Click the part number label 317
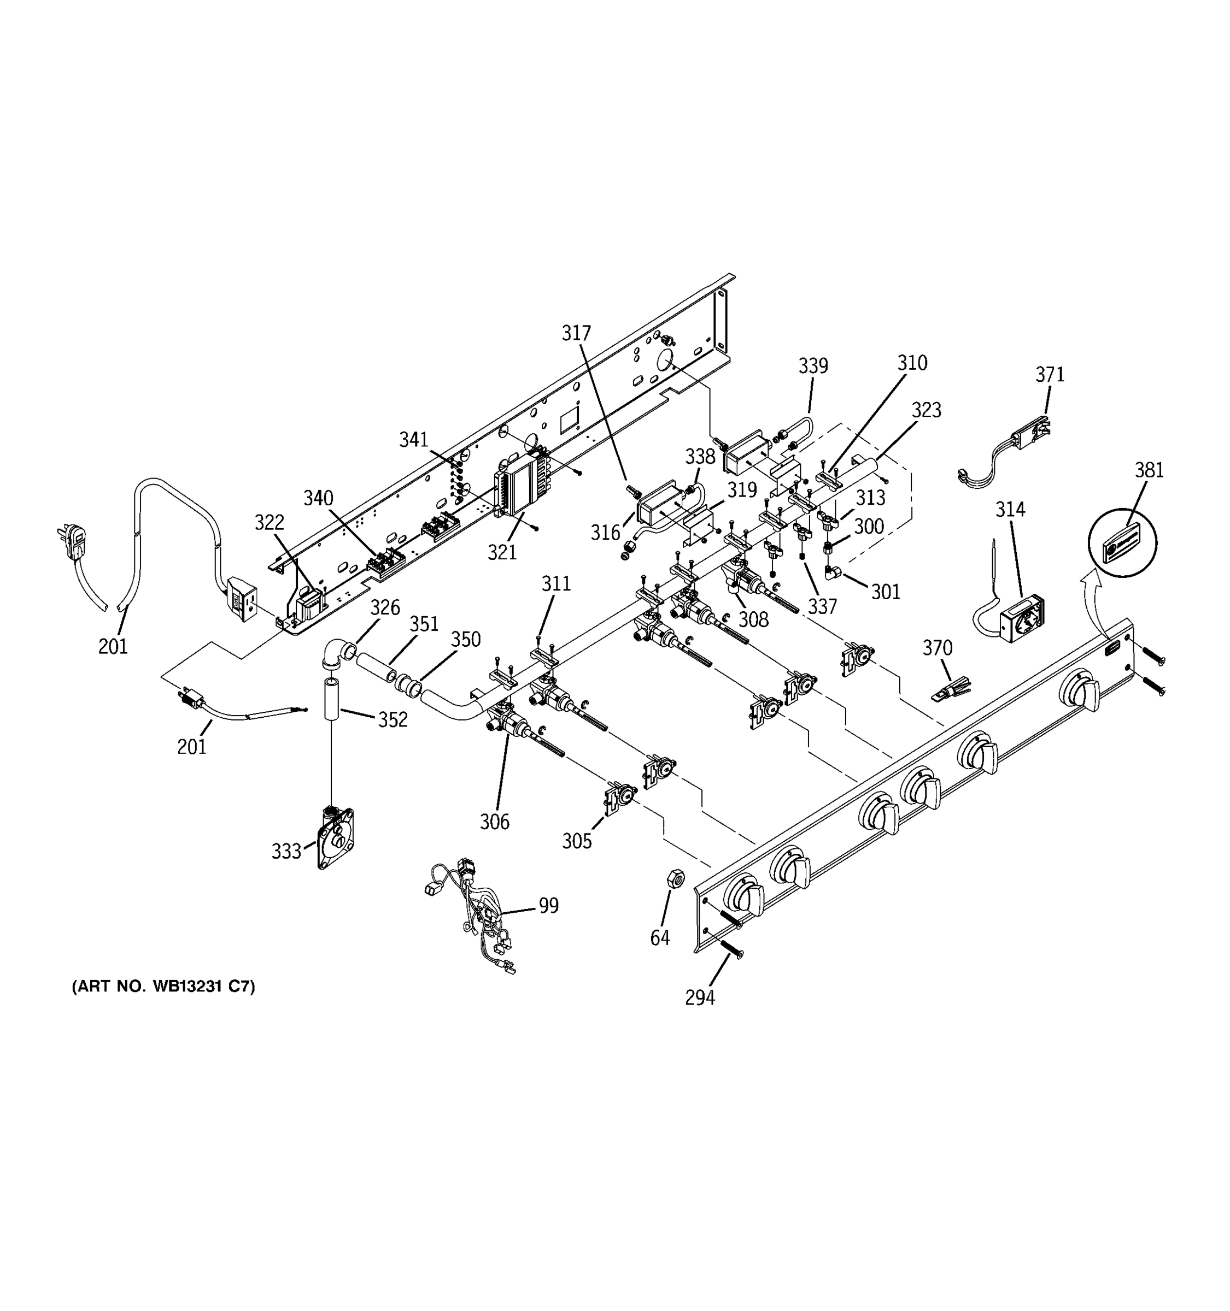(x=576, y=334)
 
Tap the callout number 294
(x=700, y=998)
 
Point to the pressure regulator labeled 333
(x=335, y=837)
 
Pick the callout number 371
(x=1049, y=375)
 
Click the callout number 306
(x=494, y=822)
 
